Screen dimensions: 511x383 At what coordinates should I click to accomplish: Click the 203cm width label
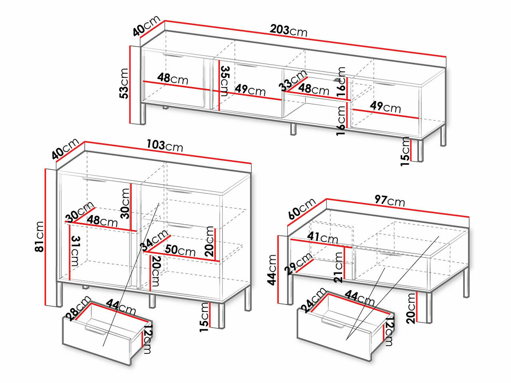coord(289,31)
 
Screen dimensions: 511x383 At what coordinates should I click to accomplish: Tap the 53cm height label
coord(124,83)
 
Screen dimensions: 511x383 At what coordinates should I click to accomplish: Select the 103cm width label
coord(164,146)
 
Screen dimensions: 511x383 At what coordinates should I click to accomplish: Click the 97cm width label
coord(390,201)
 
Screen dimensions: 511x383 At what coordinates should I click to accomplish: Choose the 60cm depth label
coord(301,209)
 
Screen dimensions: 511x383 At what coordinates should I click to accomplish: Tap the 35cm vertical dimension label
coord(224,81)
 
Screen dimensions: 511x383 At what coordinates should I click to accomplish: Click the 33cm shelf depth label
coord(293,80)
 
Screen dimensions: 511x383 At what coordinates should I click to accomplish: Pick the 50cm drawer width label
coord(180,251)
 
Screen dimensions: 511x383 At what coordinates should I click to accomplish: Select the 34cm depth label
coord(154,241)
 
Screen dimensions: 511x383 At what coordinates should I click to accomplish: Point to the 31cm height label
coord(75,251)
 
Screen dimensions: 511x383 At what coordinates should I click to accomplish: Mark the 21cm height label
coord(338,267)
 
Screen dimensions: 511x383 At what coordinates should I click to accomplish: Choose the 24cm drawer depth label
coord(313,300)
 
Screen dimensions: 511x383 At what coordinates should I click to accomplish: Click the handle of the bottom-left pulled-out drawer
coord(95,330)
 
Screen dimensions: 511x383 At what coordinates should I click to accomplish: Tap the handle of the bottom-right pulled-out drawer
coord(332,323)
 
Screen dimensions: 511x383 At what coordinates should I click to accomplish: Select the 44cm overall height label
coord(271,270)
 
